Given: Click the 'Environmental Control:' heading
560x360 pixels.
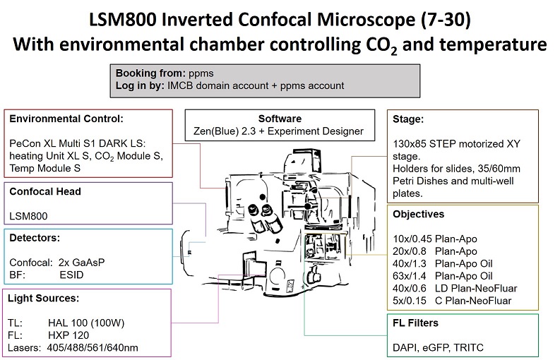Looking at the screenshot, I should (x=66, y=119).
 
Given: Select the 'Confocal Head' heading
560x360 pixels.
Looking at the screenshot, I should (x=45, y=191).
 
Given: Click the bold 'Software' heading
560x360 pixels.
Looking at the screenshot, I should (x=280, y=119).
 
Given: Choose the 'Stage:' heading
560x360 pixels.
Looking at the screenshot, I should (x=409, y=119).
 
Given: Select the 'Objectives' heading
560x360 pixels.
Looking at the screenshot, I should (x=419, y=213).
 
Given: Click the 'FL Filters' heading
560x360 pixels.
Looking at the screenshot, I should (x=416, y=323).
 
